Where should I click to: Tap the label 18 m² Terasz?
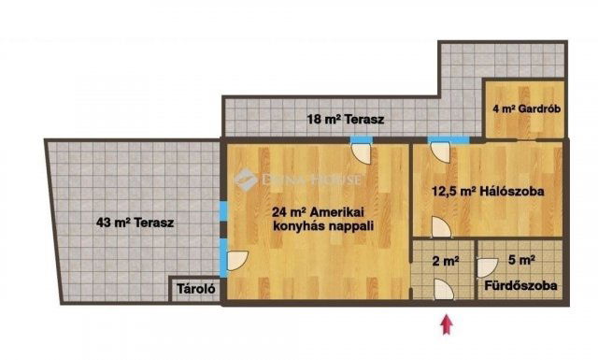(347, 119)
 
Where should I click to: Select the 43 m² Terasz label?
(135, 223)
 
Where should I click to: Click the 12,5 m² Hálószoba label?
(488, 192)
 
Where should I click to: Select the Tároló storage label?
(197, 290)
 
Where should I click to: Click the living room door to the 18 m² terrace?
(361, 150)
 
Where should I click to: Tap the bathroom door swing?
(487, 266)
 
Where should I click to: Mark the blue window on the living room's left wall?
(222, 211)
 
